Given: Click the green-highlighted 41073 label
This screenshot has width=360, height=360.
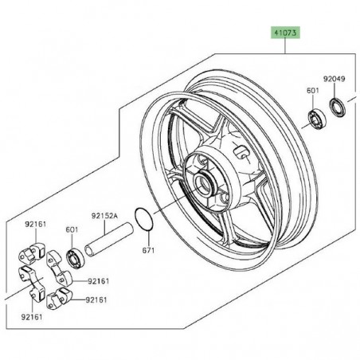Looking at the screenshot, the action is pos(285,33).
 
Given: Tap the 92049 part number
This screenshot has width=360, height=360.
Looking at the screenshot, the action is pos(334,79).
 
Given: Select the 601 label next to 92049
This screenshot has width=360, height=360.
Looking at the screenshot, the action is pos(313,91).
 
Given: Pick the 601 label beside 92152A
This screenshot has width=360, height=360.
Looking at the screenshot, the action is pos(72,229).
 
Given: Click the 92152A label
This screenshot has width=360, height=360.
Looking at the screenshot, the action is pos(104,216).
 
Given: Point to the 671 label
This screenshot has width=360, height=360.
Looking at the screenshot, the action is pos(148,250).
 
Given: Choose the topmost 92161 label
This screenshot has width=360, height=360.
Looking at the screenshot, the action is pos(36,225).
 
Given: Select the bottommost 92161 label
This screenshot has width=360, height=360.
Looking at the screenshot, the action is pos(32,317).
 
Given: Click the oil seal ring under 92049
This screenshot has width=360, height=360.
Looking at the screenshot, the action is pos(338,108).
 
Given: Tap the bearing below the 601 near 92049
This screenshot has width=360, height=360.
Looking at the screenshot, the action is pos(317,119).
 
